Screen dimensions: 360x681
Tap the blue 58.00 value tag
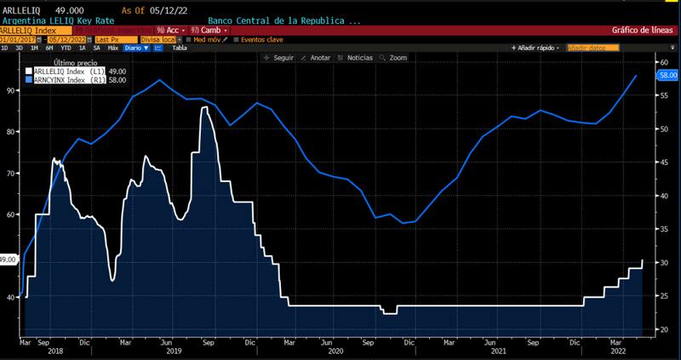[667, 76]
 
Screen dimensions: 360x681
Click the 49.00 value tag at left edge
[8, 260]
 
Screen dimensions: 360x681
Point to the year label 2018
[54, 350]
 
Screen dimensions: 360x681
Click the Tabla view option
[180, 49]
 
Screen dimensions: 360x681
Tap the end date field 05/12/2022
[68, 39]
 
